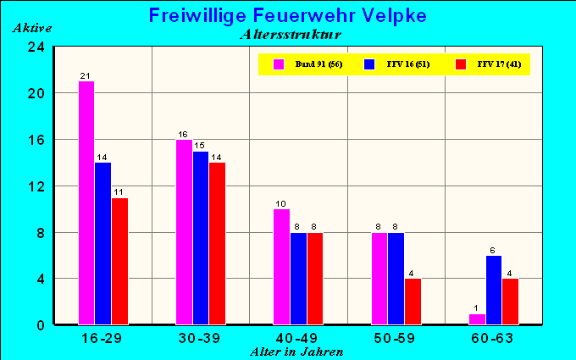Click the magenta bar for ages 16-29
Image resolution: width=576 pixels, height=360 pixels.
(86, 202)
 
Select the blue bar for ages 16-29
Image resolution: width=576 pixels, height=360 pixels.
(102, 243)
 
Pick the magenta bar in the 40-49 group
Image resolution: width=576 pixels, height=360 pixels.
(282, 266)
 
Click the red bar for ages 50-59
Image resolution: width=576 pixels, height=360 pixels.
(413, 301)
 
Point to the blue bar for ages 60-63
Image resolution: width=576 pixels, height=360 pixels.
(494, 290)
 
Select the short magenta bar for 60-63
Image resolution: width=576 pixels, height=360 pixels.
(478, 318)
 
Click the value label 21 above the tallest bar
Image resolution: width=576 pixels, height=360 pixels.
(86, 76)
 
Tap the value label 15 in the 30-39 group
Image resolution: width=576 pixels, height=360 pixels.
(200, 146)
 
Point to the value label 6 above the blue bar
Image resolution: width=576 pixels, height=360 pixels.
(494, 250)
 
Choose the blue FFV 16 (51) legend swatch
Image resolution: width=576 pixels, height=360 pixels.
(369, 64)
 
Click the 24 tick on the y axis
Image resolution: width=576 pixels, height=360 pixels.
(36, 47)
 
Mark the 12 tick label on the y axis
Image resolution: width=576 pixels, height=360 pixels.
(36, 186)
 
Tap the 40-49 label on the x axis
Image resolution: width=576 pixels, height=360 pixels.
(298, 337)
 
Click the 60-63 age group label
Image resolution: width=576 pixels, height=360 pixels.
(493, 337)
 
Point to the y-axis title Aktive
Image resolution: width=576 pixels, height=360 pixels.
(32, 28)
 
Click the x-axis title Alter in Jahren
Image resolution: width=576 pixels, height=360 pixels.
(296, 351)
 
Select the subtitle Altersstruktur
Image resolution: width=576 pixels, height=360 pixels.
(291, 35)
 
